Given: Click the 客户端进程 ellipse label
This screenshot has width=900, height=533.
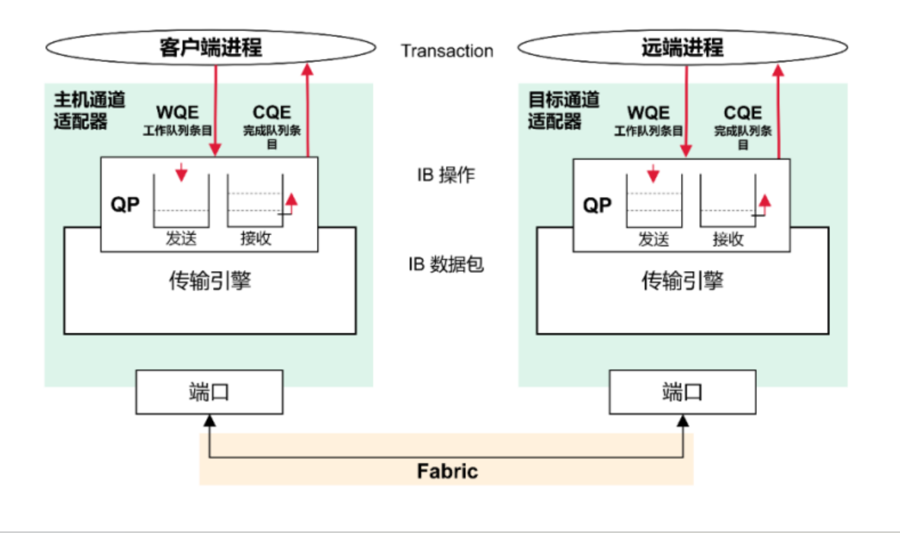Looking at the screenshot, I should coord(211,48).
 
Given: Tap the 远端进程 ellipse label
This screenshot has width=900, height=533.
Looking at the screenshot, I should coord(682,48).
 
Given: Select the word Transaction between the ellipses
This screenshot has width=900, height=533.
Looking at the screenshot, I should coord(447,51).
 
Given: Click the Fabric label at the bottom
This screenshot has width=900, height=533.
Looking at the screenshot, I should coord(447,471).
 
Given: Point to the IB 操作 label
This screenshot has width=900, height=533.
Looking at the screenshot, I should coord(446,175).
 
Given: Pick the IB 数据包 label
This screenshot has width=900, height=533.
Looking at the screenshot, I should coord(446,265).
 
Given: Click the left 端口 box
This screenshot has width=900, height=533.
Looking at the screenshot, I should coord(209,392).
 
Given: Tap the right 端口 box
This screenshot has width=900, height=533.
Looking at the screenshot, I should coord(682,392).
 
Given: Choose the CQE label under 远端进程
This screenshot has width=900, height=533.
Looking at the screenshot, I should coord(743,113).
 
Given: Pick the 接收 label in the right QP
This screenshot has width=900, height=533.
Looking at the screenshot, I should coord(728,240).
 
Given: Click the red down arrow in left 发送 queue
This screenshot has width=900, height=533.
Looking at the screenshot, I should coord(181,173).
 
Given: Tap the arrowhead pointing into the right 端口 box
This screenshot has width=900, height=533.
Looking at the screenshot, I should coord(683,420).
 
